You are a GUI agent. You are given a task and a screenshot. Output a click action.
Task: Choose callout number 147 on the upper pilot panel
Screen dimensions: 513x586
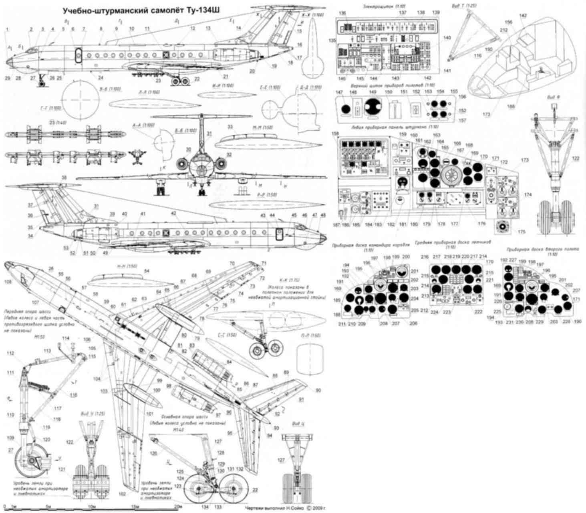pyautogui.click(x=340, y=92)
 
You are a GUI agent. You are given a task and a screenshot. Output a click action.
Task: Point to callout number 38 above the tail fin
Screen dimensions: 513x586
pyautogui.click(x=63, y=178)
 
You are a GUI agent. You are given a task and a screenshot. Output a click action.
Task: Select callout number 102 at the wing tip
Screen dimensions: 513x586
pyautogui.click(x=122, y=494)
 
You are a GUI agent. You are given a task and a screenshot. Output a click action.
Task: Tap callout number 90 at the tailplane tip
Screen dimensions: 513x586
pyautogui.click(x=318, y=390)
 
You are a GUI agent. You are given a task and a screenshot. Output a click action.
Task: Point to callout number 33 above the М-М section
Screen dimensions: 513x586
pyautogui.click(x=230, y=127)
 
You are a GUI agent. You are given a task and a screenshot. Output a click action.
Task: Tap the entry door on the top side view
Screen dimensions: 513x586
pyautogui.click(x=79, y=55)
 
